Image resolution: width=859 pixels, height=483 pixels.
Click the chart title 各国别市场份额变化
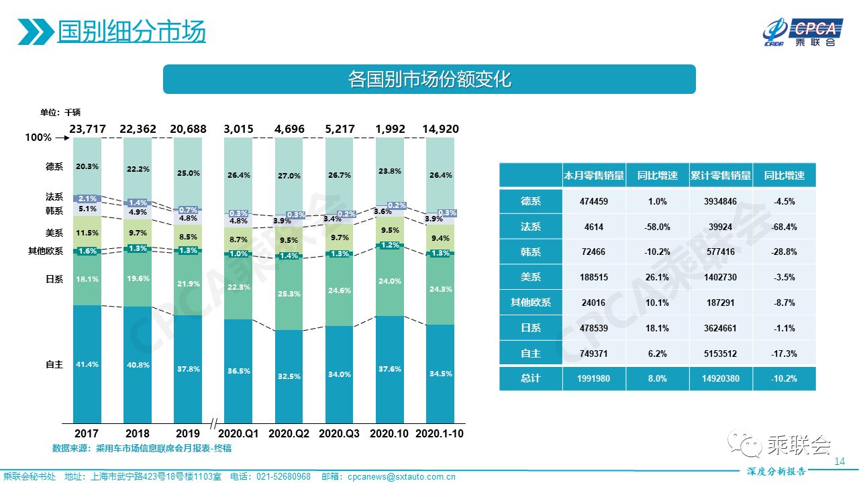click(429, 79)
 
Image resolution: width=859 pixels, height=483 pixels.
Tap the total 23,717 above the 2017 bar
click(87, 129)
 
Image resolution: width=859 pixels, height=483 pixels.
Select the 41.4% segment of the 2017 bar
click(87, 364)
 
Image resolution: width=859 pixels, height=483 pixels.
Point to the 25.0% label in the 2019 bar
click(189, 172)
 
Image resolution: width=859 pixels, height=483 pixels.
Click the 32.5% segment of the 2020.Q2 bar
click(289, 376)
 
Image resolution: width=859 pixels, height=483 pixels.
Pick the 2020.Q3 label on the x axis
click(340, 433)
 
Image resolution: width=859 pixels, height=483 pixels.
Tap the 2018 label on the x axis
click(138, 433)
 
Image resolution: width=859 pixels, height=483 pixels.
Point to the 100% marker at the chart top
click(38, 138)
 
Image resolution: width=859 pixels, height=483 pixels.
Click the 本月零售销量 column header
click(594, 176)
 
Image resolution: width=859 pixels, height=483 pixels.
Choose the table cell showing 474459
click(594, 201)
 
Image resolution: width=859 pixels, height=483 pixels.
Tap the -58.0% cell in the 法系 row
click(658, 227)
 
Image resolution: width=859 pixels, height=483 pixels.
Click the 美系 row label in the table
click(530, 277)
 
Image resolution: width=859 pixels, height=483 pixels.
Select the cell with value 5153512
click(721, 353)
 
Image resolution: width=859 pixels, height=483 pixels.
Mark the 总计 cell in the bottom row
click(530, 378)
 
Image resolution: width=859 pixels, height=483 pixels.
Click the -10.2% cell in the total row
click(784, 378)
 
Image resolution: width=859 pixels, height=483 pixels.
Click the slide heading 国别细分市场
click(132, 31)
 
